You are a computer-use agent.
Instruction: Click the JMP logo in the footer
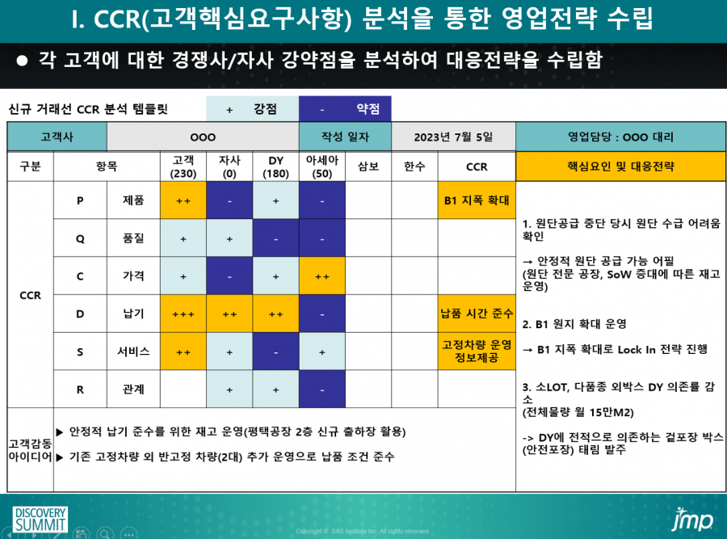[693, 520]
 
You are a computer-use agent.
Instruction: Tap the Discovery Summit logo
[40, 520]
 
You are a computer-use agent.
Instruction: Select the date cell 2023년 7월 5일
[453, 137]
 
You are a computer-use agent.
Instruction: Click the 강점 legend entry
[253, 109]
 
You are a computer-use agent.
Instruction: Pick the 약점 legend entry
[346, 109]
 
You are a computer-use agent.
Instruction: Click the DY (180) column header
[276, 166]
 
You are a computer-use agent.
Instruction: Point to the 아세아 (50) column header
[322, 166]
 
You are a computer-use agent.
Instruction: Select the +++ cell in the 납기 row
[183, 314]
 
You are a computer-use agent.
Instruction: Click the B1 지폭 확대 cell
[477, 200]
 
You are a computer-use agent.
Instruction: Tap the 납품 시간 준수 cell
[477, 314]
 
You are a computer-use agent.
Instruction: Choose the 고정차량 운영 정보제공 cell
[477, 352]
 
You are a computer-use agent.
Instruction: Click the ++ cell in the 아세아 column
[322, 276]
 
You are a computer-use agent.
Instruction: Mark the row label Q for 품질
[80, 238]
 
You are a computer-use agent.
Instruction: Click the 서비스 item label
[133, 352]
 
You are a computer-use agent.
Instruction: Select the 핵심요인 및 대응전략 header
[621, 166]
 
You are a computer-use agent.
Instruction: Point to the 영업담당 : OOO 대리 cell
[621, 137]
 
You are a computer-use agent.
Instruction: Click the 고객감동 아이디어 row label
[30, 450]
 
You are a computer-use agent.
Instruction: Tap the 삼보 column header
[368, 166]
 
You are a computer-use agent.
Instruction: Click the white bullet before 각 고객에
[22, 61]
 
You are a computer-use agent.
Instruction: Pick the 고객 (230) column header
[183, 166]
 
